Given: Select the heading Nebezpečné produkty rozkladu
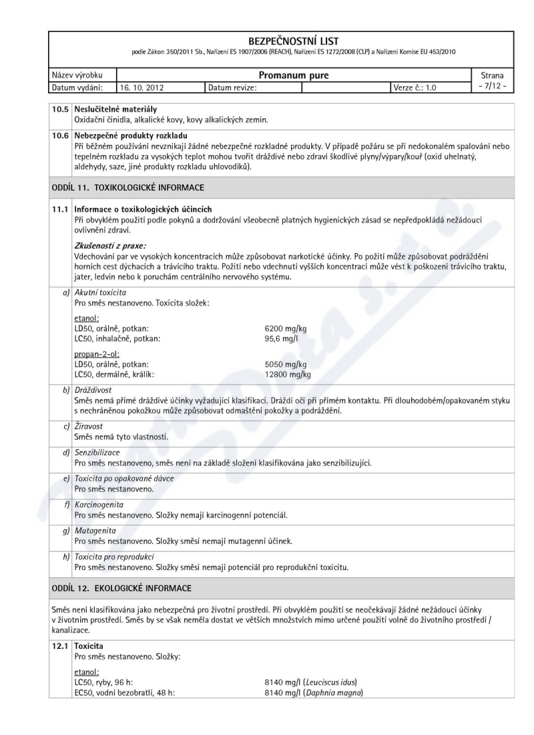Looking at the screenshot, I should pos(121,138).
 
